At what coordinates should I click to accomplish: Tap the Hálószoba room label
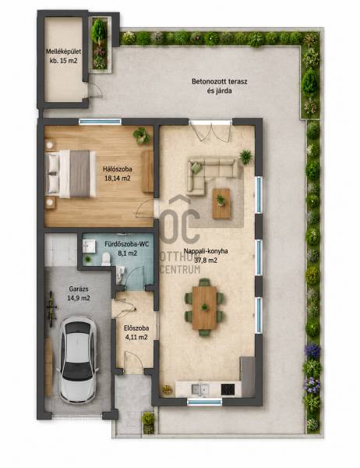coord(117,169)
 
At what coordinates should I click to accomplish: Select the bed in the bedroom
coord(70,174)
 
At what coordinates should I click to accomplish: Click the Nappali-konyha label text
coord(206,251)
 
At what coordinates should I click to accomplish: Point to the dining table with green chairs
coord(205,307)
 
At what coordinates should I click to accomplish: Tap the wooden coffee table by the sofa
coord(221,204)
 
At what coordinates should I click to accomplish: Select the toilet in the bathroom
coord(106,259)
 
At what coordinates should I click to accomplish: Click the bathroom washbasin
coord(89,246)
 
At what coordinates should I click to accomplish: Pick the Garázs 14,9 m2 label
coord(79,293)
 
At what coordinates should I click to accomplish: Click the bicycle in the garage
coord(51,308)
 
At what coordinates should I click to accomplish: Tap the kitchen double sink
coord(200,389)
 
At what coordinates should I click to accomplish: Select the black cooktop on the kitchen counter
coord(228,389)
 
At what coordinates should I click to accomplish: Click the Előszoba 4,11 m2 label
coord(136,332)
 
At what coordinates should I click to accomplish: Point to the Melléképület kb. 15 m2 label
coord(63,56)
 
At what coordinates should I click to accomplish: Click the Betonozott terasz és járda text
coord(220,86)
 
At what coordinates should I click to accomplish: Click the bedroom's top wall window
coord(101,122)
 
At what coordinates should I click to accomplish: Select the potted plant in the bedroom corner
coord(142,136)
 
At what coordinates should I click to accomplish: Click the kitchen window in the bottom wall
coord(205,402)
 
